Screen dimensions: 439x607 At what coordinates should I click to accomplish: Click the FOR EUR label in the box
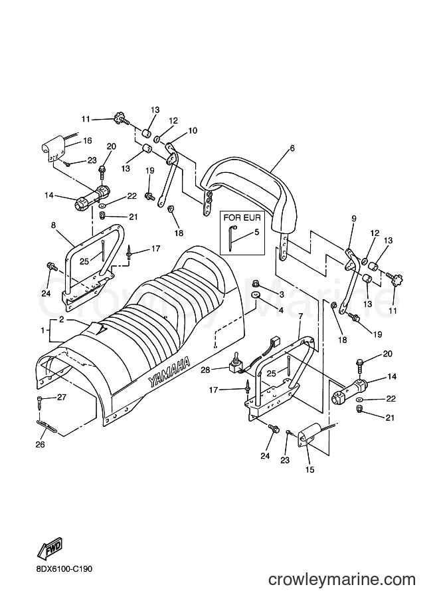tap(242, 217)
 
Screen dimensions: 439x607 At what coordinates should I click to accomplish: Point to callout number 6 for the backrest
tap(292, 148)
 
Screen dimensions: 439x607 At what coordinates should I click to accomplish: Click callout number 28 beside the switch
tap(205, 370)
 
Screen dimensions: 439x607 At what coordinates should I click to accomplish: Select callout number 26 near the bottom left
tap(41, 444)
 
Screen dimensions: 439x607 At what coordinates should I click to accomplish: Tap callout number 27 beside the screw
tap(62, 397)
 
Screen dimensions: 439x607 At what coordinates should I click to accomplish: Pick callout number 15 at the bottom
tap(309, 470)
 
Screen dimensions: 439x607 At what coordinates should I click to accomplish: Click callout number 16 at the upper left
tap(88, 141)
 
